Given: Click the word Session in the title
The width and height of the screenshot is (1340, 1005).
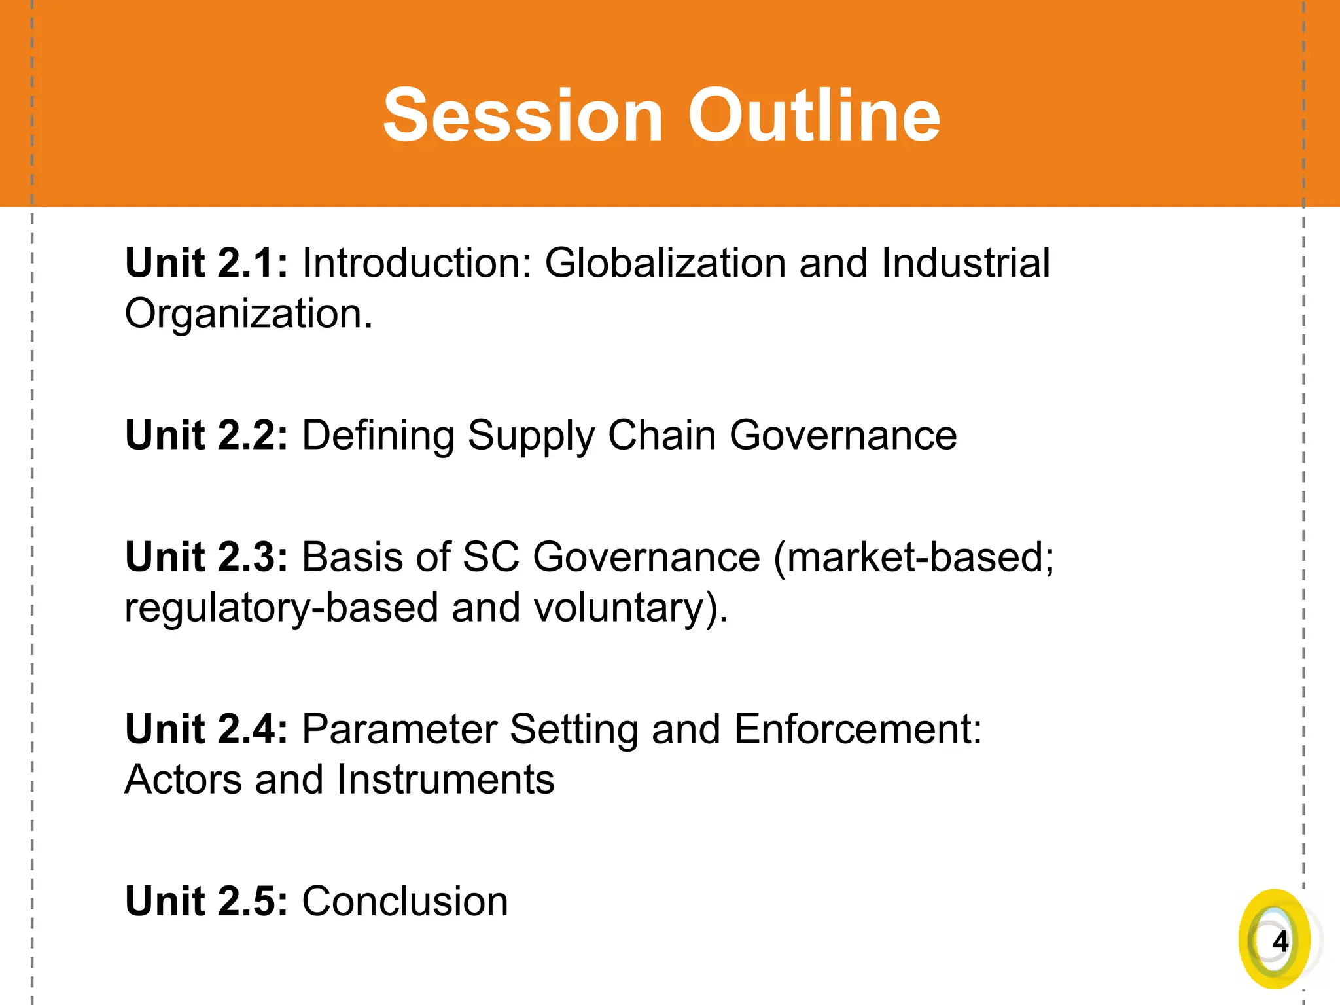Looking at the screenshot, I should coord(523,116).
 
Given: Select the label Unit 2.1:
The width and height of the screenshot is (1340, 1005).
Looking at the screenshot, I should coord(206,263).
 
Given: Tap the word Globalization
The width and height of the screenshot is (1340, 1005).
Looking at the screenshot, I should coord(665,263).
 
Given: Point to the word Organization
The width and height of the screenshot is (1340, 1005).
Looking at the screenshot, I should coord(248,315).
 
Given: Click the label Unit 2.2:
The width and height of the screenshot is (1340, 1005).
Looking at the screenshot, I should coord(206,435).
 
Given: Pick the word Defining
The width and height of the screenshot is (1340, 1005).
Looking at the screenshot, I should coord(378,436).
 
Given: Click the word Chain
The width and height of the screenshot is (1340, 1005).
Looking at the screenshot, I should coord(661,435).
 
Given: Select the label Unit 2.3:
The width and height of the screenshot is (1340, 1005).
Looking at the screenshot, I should coord(206,557).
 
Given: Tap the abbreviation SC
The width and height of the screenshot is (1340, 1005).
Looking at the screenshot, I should coord(491,557).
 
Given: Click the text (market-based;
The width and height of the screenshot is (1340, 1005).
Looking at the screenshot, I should coord(913,557).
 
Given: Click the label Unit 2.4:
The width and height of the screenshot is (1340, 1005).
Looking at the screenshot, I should coord(206,729).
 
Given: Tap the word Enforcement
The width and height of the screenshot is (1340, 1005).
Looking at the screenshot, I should coord(856,729).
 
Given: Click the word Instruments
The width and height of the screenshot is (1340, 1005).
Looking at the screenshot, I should coord(446,780).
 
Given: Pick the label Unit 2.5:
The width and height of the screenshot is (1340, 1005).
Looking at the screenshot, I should coord(206,901).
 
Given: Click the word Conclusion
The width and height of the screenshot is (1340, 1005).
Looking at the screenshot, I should coord(404,901).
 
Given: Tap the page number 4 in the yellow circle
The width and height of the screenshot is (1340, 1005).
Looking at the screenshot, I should coord(1280,942).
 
